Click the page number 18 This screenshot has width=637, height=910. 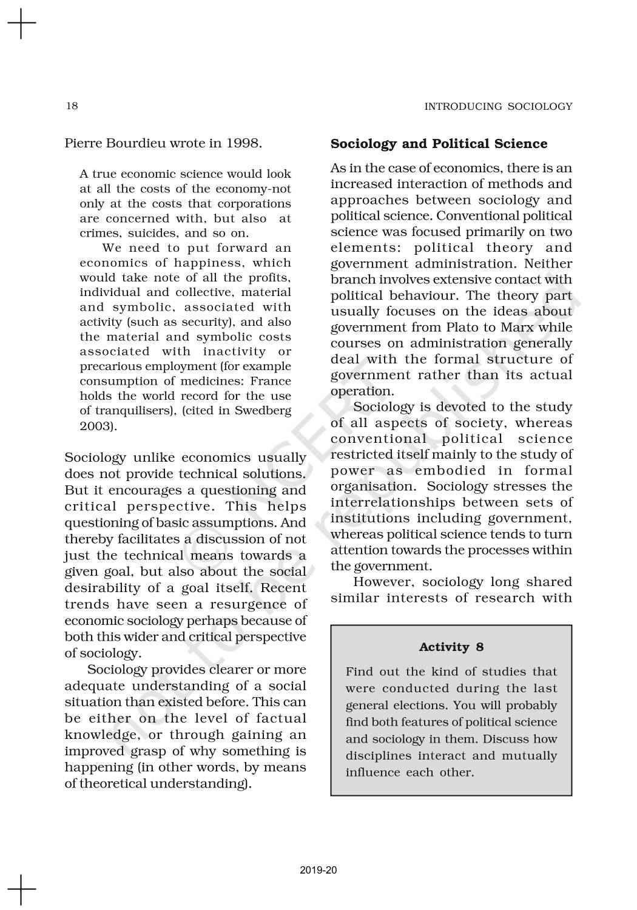72,106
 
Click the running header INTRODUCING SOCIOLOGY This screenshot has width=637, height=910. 497,107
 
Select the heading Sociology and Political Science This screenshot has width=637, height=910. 439,144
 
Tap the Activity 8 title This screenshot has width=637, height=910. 451,647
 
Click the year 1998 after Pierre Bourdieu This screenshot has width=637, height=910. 243,143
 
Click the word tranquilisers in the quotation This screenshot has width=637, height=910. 135,411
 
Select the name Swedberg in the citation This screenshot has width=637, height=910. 265,411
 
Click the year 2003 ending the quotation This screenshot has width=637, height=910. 96,426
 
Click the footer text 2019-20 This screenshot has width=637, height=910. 318,871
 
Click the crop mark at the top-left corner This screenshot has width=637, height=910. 22,24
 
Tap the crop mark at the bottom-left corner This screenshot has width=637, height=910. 22,889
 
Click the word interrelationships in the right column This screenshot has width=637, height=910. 393,502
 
